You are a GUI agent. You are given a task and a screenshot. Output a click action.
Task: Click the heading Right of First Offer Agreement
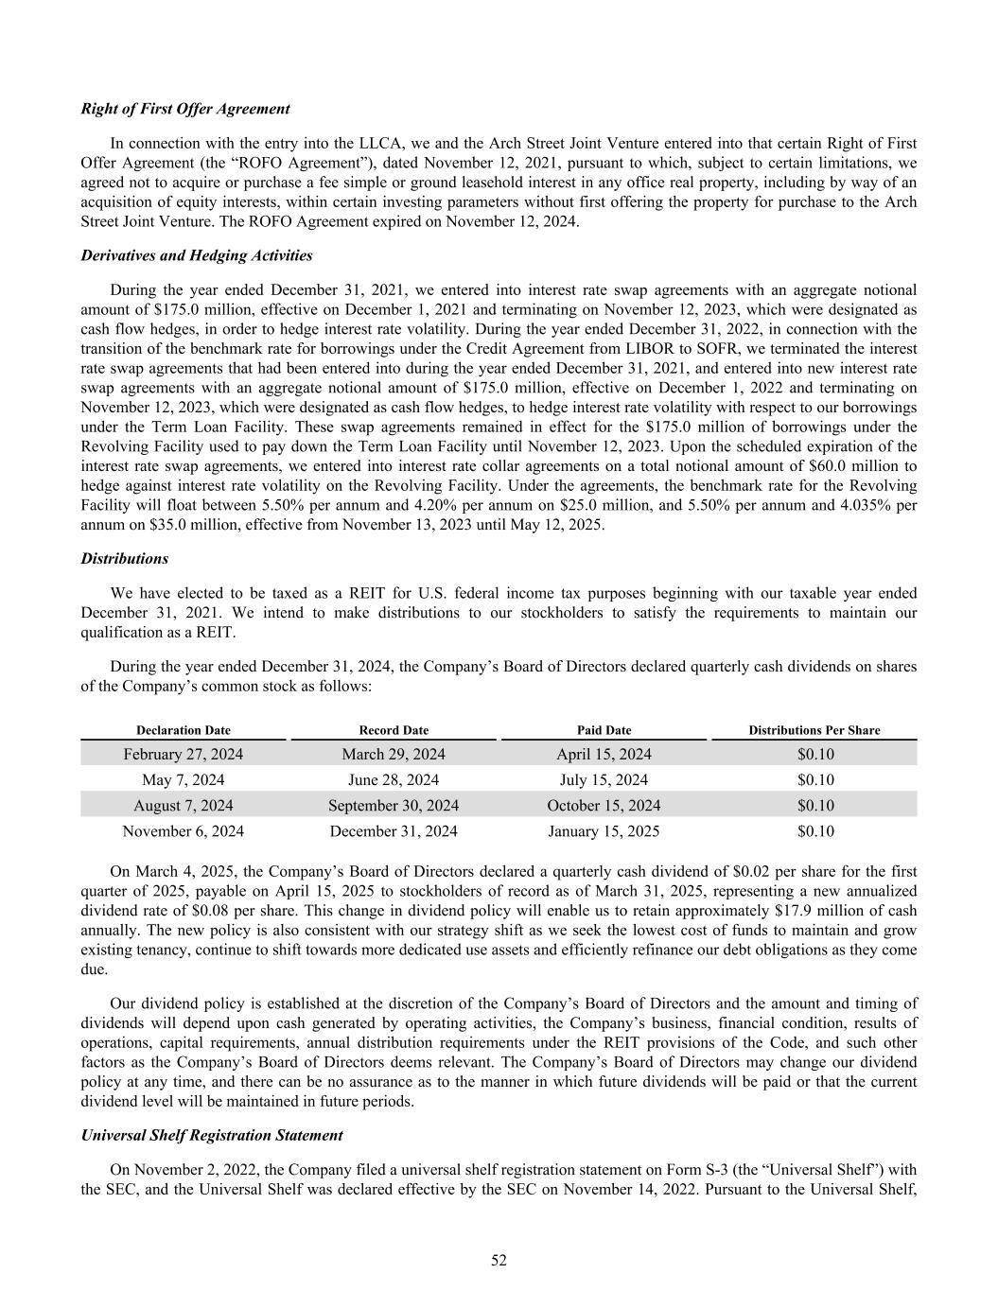(x=185, y=109)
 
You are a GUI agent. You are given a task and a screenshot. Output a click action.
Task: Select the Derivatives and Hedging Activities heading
(x=197, y=255)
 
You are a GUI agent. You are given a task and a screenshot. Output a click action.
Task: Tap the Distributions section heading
(x=125, y=559)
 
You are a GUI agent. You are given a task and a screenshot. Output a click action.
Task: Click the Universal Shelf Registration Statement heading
(x=212, y=1134)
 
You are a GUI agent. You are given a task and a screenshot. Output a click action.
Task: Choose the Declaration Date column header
(x=184, y=730)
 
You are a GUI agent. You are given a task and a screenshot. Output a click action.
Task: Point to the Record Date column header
(x=394, y=730)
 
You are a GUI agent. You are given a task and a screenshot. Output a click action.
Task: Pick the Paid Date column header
(x=604, y=730)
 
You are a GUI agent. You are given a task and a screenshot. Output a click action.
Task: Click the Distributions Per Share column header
(x=814, y=730)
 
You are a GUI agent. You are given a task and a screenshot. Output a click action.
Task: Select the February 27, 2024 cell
(x=184, y=754)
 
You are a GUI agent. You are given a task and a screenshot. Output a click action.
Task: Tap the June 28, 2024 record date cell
(x=394, y=779)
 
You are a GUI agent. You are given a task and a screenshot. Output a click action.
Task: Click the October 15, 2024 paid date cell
(x=604, y=806)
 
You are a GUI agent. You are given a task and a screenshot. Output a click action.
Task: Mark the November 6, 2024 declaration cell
(x=184, y=831)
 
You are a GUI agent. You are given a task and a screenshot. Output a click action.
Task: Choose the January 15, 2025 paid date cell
(x=604, y=831)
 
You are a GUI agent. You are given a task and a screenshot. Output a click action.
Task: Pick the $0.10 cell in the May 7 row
(x=815, y=779)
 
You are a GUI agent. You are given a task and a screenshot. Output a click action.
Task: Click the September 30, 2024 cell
(x=394, y=806)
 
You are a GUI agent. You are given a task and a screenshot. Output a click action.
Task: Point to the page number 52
(x=499, y=1260)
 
